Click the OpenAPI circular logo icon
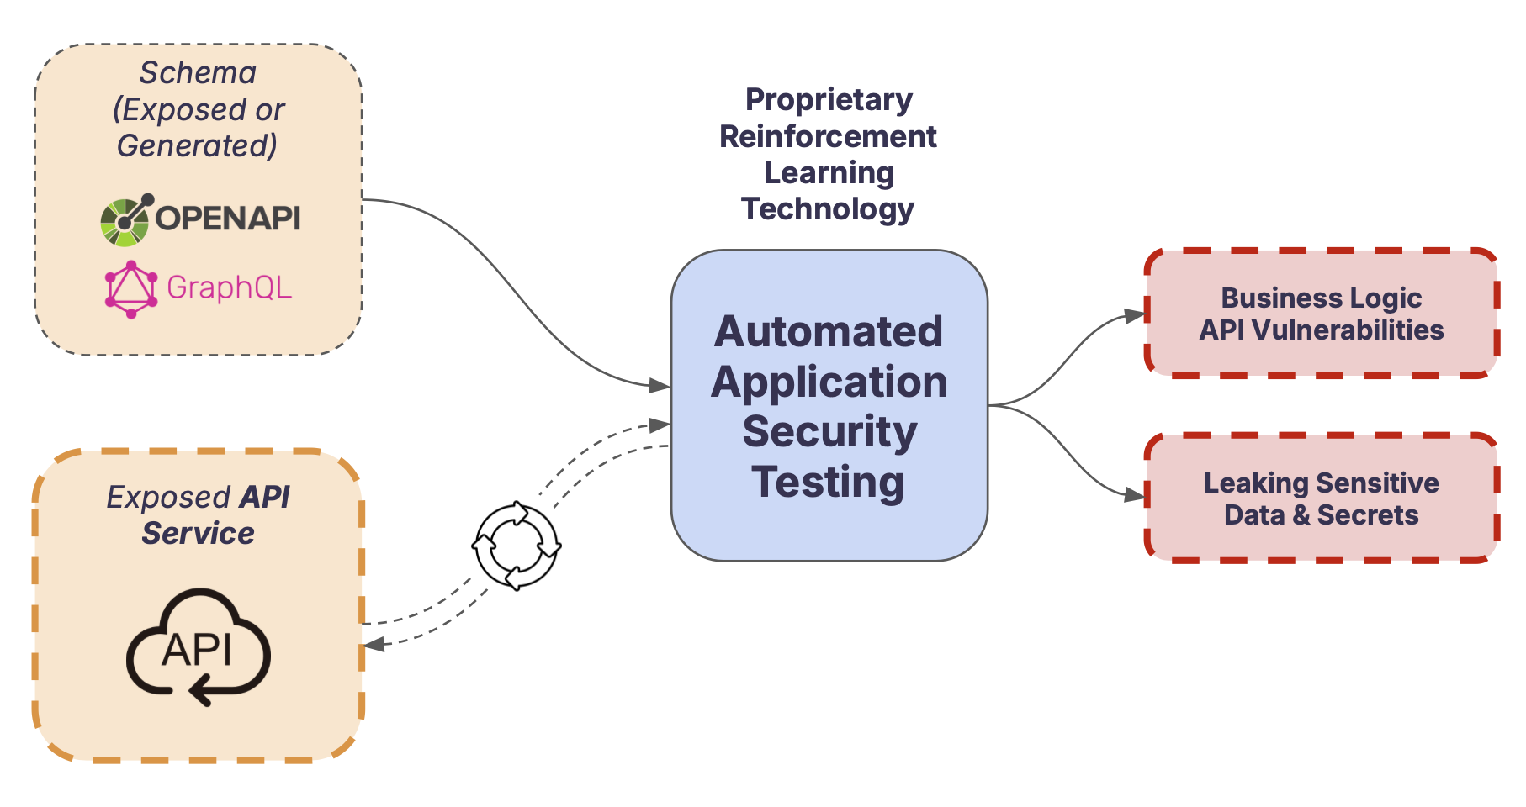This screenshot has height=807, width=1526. pos(125,220)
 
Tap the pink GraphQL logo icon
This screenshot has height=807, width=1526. pos(130,289)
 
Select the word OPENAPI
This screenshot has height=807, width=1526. pos(228,219)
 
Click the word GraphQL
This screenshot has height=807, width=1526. pos(229,288)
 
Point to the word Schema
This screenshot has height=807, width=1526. pos(198,73)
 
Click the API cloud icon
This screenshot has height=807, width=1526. pos(199,646)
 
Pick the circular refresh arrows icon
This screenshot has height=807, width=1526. pos(517,546)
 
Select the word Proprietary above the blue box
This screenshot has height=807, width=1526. pos(829,100)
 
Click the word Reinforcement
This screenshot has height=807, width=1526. pos(828,136)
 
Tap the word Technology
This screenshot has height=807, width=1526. pos(828,209)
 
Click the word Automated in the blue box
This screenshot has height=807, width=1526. pos(829,331)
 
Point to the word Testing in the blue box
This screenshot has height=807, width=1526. pos(829,483)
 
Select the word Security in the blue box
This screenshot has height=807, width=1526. pos(829,432)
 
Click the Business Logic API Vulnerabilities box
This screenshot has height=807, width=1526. pos(1321,313)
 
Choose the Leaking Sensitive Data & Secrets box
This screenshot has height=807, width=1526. pos(1321,498)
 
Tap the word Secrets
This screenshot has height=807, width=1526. pos(1368,515)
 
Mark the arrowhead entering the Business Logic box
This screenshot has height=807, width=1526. pos(1137,315)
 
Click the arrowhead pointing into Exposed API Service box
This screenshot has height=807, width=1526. pos(374,645)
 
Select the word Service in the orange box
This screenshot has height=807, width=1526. pos(198,534)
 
